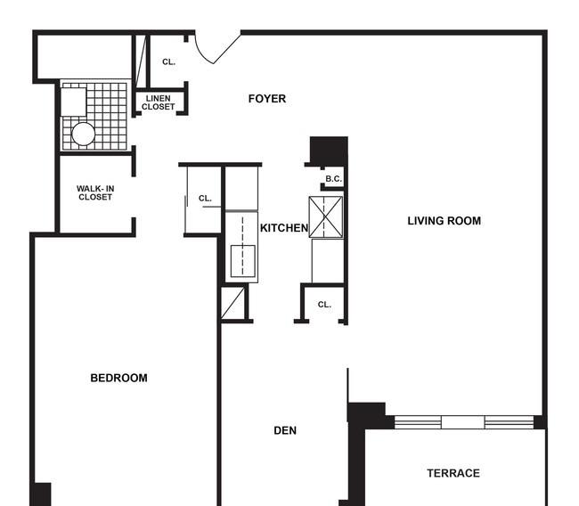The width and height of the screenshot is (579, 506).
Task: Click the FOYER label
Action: pyautogui.click(x=267, y=99)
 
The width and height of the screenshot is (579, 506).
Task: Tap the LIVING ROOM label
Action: pyautogui.click(x=444, y=221)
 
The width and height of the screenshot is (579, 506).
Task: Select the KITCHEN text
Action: pyautogui.click(x=284, y=228)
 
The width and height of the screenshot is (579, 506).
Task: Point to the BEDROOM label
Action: pyautogui.click(x=118, y=378)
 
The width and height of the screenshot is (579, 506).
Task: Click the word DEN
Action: pyautogui.click(x=285, y=430)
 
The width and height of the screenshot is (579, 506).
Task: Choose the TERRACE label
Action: pyautogui.click(x=453, y=473)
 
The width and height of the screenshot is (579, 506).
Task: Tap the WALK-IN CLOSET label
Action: pyautogui.click(x=95, y=192)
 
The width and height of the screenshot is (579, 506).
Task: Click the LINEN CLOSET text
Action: pyautogui.click(x=158, y=102)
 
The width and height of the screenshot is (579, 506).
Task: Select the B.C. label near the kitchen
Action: pyautogui.click(x=333, y=179)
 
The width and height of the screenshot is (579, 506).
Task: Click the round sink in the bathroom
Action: pyautogui.click(x=84, y=134)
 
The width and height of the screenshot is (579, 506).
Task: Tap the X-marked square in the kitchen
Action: pyautogui.click(x=326, y=216)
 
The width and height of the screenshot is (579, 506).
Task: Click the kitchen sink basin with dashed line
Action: pyautogui.click(x=242, y=261)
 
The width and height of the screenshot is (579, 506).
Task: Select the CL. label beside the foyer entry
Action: pyautogui.click(x=168, y=62)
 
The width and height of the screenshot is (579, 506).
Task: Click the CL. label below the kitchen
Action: pyautogui.click(x=324, y=305)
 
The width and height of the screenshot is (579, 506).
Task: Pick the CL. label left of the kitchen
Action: pyautogui.click(x=205, y=199)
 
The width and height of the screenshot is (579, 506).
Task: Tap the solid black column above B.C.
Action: pyautogui.click(x=329, y=151)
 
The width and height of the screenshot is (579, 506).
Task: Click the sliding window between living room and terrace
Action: pyautogui.click(x=464, y=421)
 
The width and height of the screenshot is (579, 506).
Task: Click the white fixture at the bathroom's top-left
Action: pyautogui.click(x=74, y=102)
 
